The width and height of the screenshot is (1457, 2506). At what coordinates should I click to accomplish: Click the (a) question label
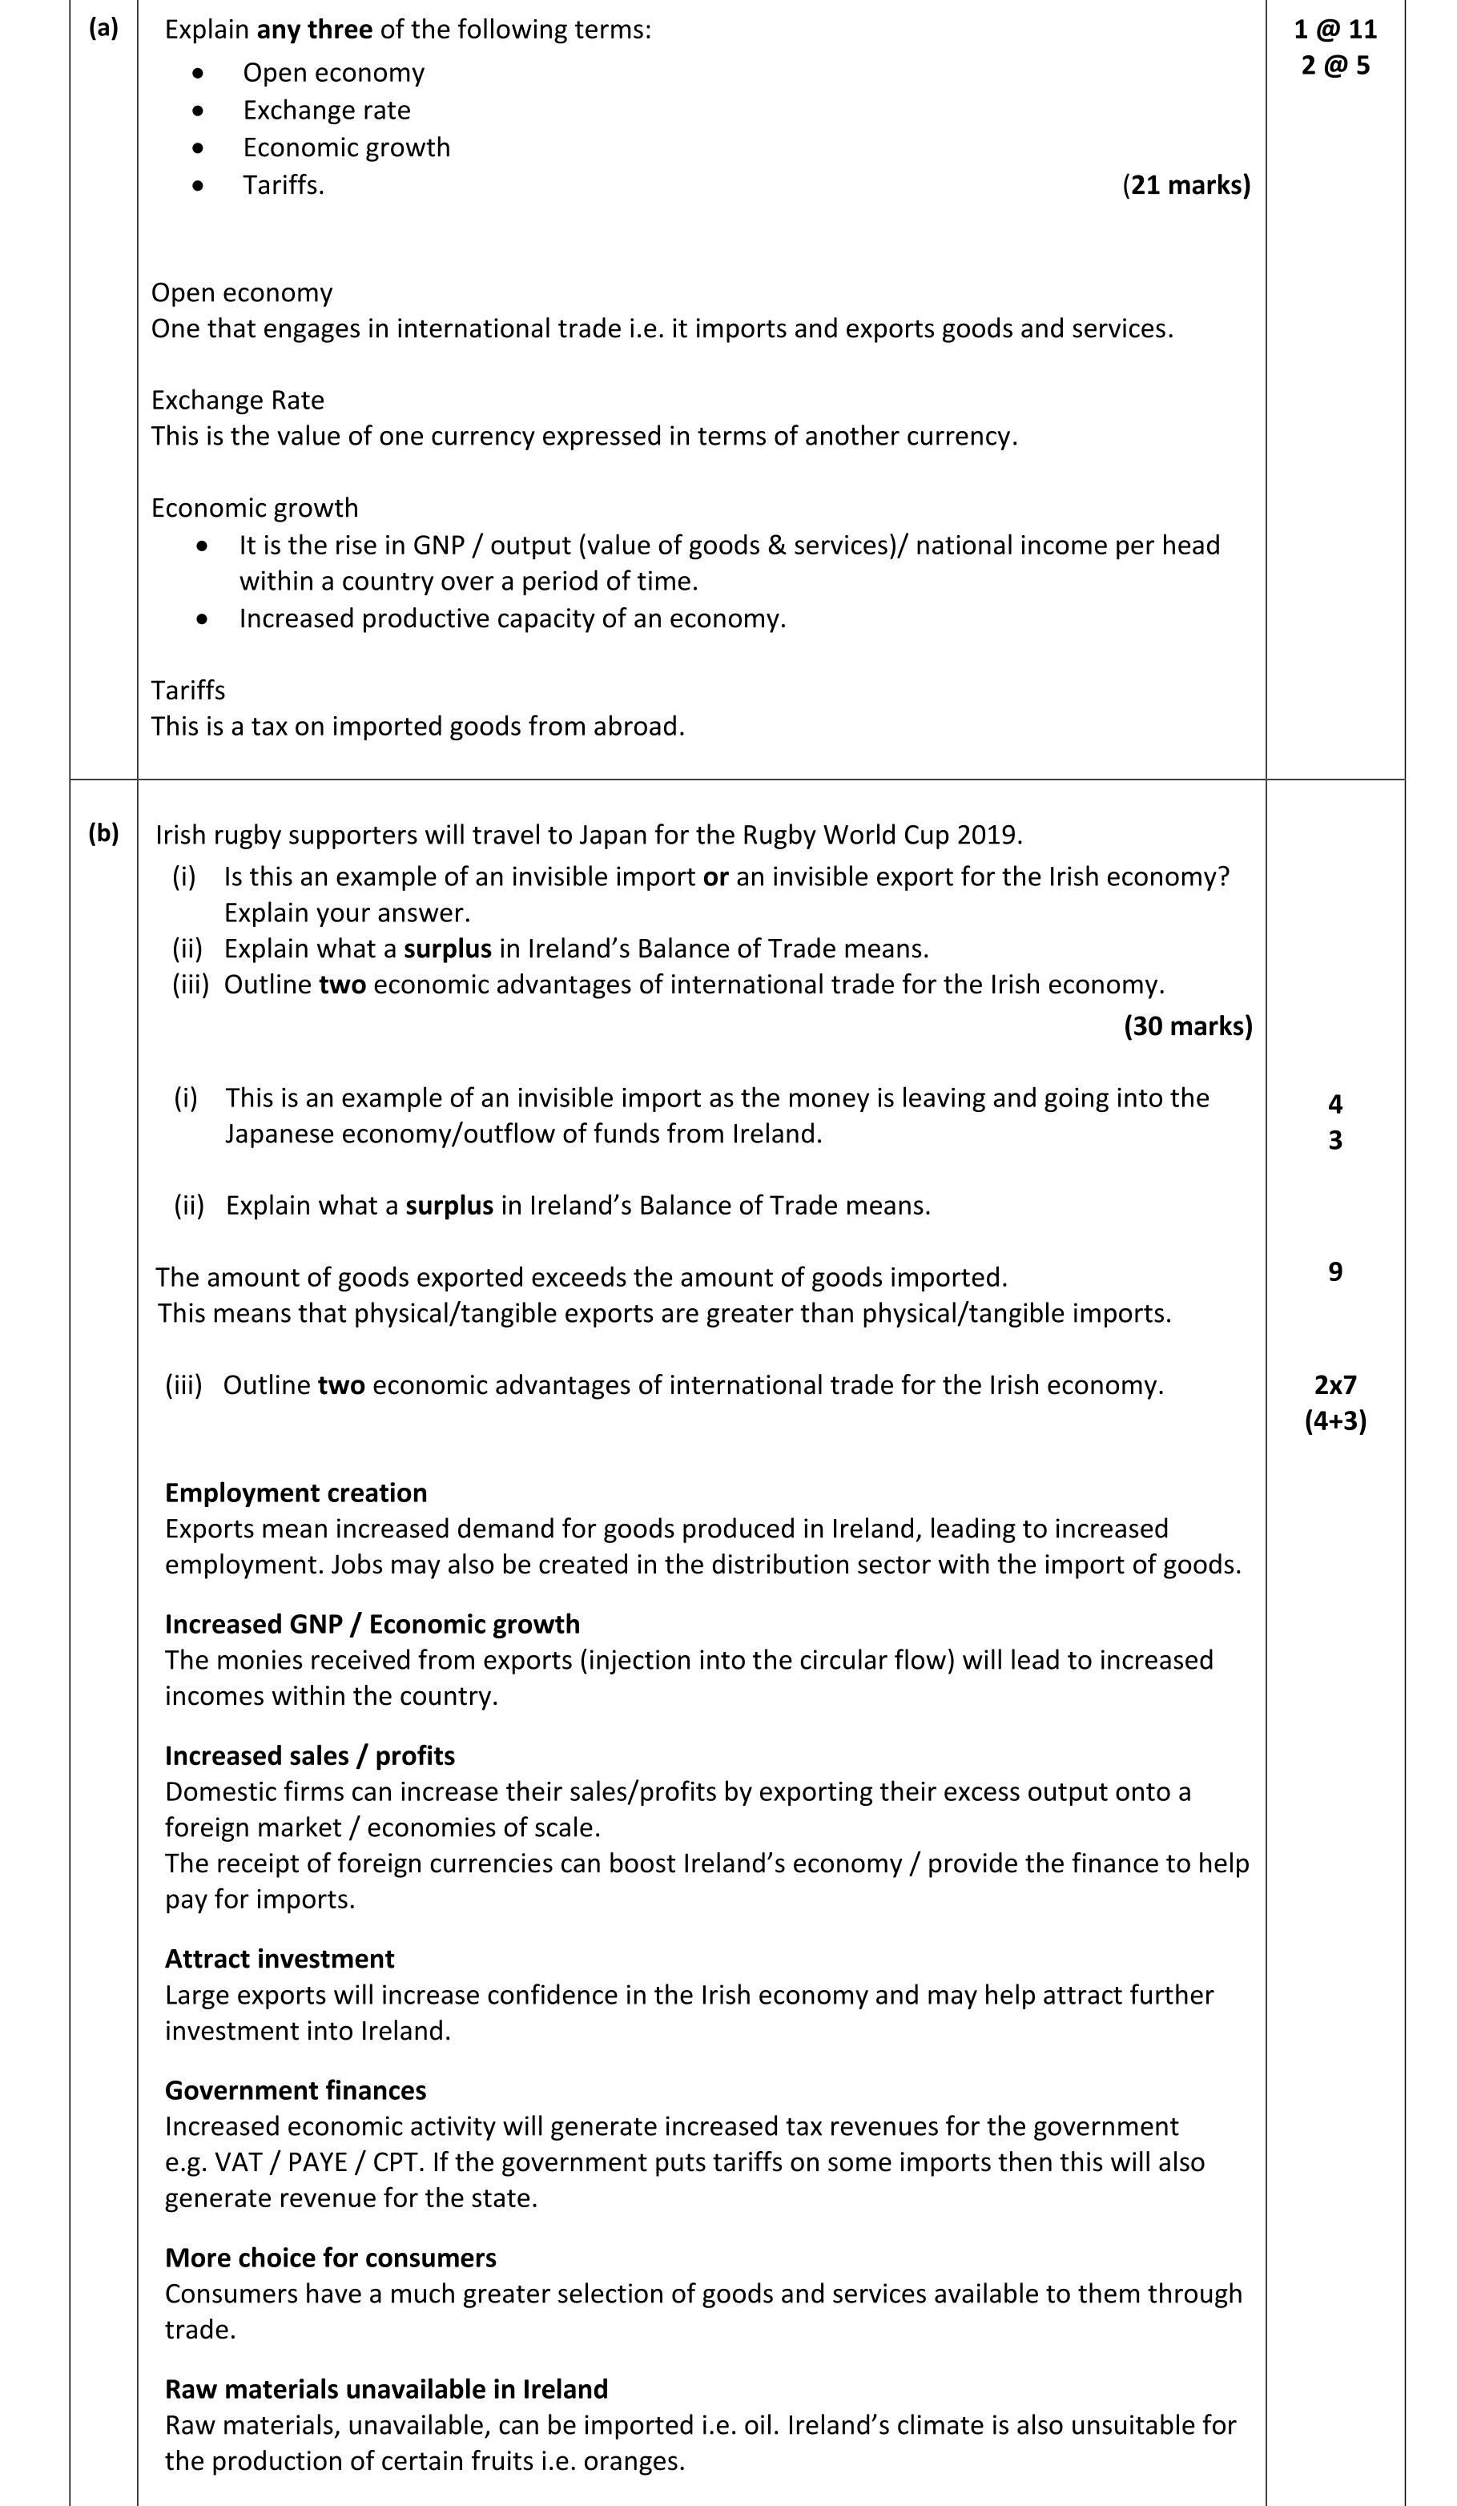click(103, 28)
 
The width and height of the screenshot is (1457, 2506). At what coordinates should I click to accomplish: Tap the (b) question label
click(103, 833)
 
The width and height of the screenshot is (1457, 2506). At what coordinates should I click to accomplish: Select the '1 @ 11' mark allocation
click(1334, 29)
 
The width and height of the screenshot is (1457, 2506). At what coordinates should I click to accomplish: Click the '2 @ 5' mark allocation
click(1334, 66)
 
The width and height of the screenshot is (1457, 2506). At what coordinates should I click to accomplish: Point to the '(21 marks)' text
click(1185, 185)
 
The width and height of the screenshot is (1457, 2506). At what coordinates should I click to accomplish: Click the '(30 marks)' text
click(1188, 1025)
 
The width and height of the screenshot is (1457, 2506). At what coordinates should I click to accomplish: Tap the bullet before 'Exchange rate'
click(199, 111)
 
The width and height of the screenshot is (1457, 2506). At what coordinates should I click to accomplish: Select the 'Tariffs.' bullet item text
click(284, 185)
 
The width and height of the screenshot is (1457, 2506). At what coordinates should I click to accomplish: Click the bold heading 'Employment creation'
click(296, 1493)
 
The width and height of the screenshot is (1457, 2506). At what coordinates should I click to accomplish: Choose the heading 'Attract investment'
click(280, 1958)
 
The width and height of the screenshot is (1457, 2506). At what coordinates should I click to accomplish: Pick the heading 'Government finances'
click(296, 2089)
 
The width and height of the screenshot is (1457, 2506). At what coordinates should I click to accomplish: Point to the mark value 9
click(1334, 1272)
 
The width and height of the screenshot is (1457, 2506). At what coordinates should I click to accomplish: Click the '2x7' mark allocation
click(1334, 1384)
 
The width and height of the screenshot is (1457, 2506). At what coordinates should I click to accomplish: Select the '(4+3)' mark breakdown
click(1334, 1420)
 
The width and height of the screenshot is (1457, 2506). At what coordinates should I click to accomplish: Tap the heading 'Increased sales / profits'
click(309, 1755)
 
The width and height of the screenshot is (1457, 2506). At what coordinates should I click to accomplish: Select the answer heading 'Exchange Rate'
click(238, 400)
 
